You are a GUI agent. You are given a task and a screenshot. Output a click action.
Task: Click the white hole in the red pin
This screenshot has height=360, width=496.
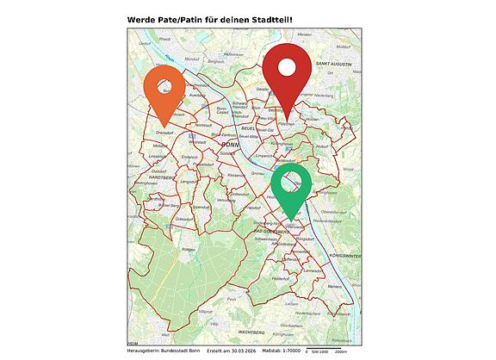pos(287,66)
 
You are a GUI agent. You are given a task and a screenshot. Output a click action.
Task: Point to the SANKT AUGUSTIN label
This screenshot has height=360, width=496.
pos(334,64)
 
